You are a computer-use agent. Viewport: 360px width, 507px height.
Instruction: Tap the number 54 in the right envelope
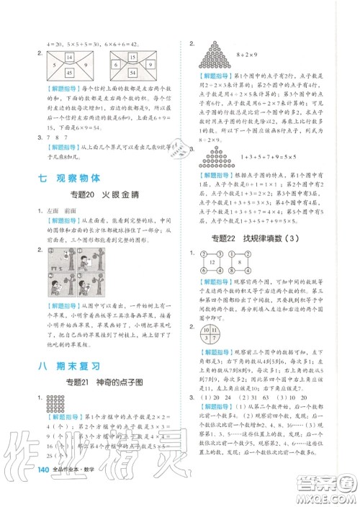click(x=131, y=73)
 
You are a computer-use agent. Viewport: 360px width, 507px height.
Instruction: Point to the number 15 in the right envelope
click(x=131, y=57)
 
